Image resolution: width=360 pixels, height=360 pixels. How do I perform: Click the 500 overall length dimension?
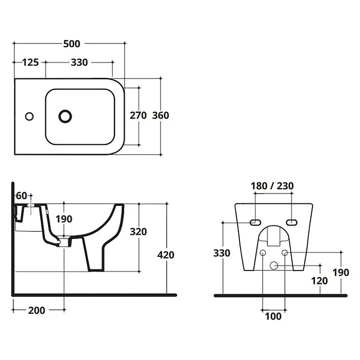pos(71,43)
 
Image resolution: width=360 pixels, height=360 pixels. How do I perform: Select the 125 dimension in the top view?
pos(31,62)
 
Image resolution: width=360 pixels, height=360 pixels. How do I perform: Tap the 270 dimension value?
pos(138,115)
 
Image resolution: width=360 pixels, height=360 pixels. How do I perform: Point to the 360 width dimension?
pos(160,115)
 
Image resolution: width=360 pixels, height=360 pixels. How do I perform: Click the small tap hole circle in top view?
pos(29,116)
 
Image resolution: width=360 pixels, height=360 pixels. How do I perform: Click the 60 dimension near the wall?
pos(22,196)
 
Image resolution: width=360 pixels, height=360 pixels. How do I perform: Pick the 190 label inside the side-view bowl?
pos(64,219)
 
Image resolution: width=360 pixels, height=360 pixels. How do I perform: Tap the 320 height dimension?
pos(138,232)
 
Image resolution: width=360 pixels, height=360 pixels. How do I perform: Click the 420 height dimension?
pos(166,255)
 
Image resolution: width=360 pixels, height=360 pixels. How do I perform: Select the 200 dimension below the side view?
pos(37,310)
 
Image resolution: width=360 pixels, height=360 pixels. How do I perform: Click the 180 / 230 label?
pos(272,186)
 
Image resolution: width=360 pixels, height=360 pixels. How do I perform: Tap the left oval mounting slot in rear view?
pos(256,222)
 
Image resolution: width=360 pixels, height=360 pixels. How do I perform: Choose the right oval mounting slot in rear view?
pos(292,222)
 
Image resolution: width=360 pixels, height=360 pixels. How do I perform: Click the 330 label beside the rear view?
pos(222,253)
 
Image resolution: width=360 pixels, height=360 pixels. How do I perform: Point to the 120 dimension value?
pos(319,280)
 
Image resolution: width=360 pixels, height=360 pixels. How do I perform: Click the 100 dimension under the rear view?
pos(273,317)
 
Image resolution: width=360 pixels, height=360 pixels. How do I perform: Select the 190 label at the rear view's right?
pos(341,272)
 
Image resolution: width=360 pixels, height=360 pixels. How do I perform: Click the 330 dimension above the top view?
pos(79,62)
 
